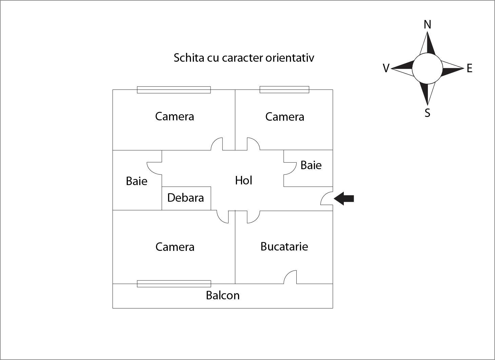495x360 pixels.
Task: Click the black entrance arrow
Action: (344, 198)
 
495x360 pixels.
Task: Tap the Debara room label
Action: (186, 198)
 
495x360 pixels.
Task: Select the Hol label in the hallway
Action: (243, 180)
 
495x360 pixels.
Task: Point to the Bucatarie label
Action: (284, 246)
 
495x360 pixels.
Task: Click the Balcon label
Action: (223, 295)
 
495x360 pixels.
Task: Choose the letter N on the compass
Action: (428, 24)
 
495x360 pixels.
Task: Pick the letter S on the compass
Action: (428, 113)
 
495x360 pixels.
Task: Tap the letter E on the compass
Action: (470, 68)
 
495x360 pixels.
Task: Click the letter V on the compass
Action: (386, 68)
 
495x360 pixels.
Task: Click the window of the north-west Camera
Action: (174, 90)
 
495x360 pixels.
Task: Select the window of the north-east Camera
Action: (284, 89)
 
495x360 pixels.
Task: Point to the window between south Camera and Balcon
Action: (174, 284)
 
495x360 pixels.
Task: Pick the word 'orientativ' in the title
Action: (290, 58)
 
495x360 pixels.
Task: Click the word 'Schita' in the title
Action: (189, 58)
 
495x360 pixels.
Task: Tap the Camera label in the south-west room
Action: (175, 247)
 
